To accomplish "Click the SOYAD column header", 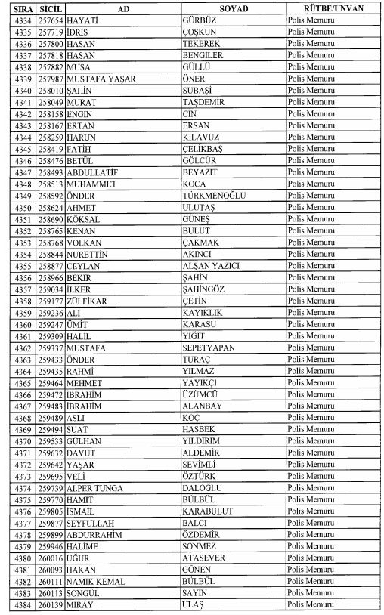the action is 234,7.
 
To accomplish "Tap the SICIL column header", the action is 51,7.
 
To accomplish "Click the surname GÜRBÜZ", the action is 199,19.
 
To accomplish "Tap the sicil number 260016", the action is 51,562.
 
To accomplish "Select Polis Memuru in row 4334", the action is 311,19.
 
